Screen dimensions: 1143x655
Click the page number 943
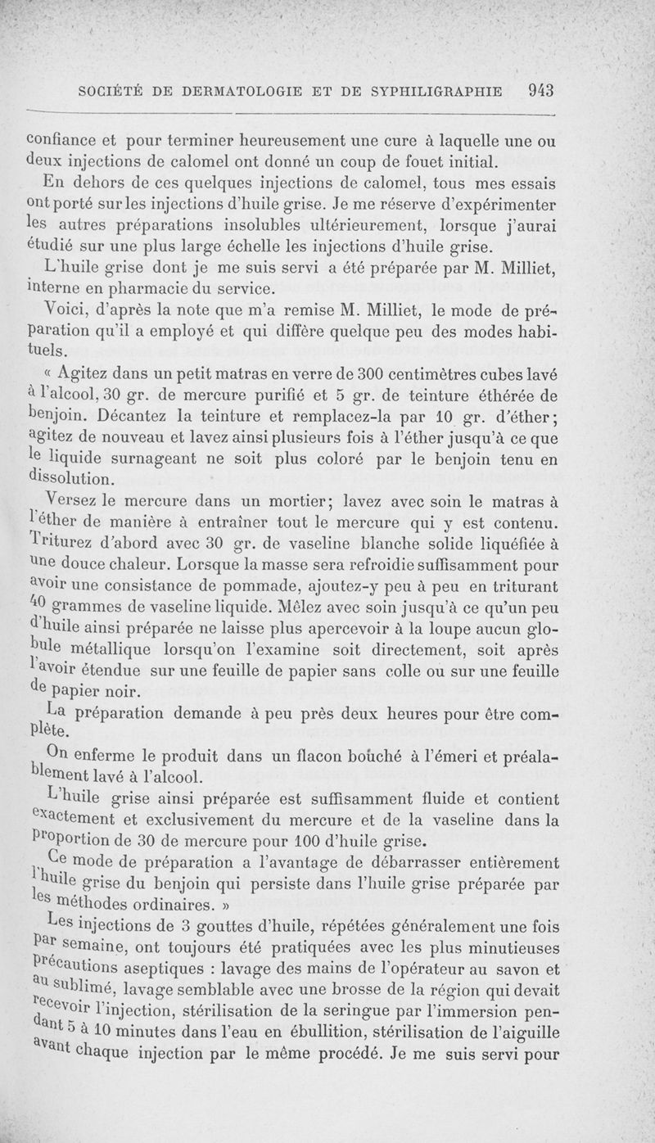click(x=542, y=91)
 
